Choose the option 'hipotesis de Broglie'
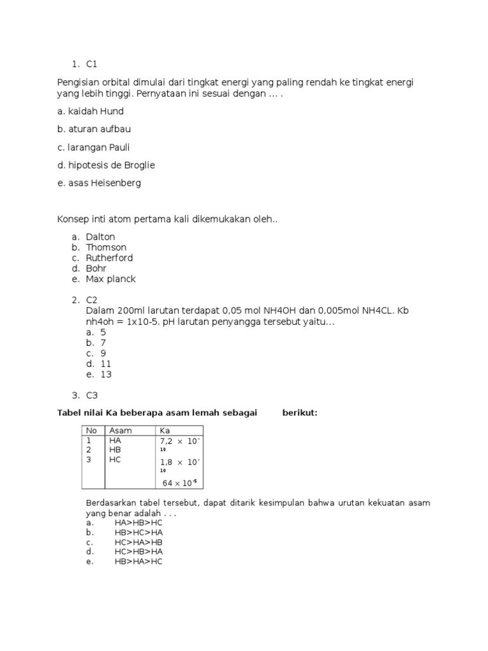(x=105, y=165)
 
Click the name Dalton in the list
(x=100, y=236)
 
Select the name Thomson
(x=106, y=247)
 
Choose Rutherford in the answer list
(x=109, y=258)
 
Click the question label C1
(x=92, y=64)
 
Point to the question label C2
(x=92, y=300)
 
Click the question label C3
(x=92, y=395)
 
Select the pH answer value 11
(x=105, y=364)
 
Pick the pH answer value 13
(x=105, y=374)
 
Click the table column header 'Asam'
(x=120, y=430)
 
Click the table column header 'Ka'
(x=165, y=430)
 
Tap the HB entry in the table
(x=115, y=449)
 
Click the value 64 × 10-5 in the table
(x=180, y=483)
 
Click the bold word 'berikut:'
(x=300, y=413)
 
